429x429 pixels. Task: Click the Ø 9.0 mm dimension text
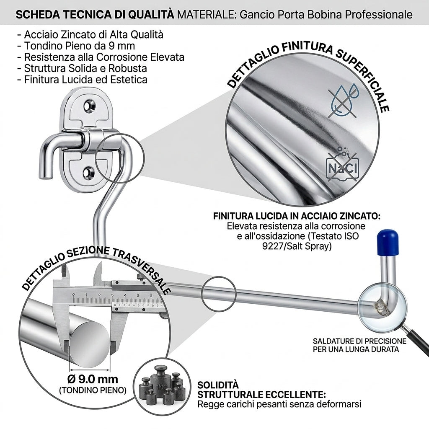pos(93,379)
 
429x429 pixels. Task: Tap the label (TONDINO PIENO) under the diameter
pos(93,390)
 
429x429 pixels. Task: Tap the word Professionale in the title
pos(379,15)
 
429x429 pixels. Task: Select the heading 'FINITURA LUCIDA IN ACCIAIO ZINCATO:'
pos(297,216)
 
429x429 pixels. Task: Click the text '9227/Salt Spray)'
pos(297,246)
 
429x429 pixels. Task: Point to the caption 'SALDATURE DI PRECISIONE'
pos(359,341)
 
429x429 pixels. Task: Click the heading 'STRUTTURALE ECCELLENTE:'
pos(261,395)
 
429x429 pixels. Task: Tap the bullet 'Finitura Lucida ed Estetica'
pos(82,80)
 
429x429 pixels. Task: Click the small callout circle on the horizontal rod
pos(218,294)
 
